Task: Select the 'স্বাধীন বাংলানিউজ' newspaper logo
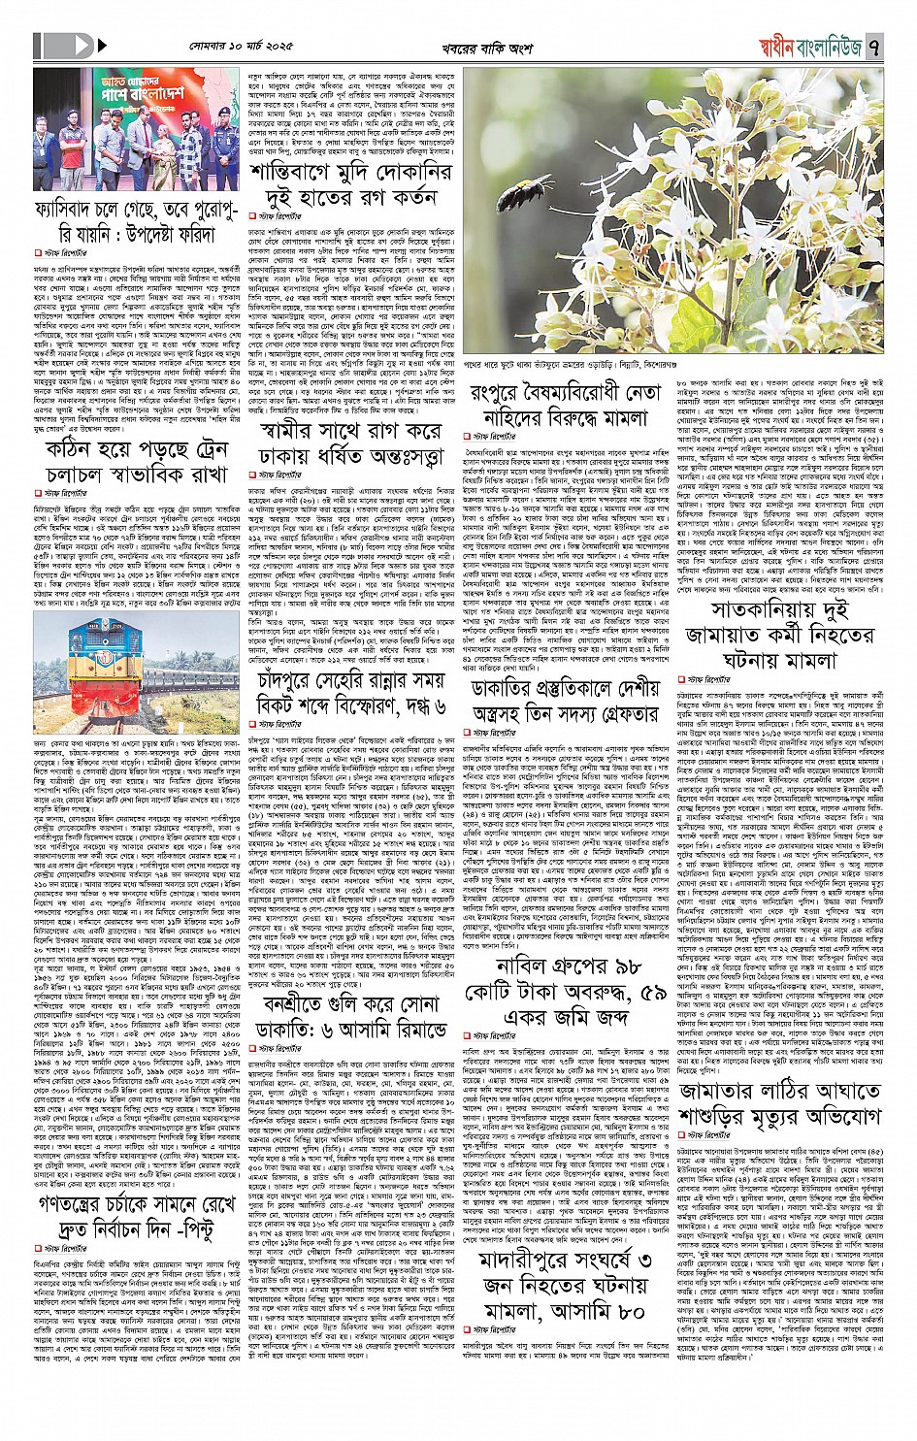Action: coord(806,45)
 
